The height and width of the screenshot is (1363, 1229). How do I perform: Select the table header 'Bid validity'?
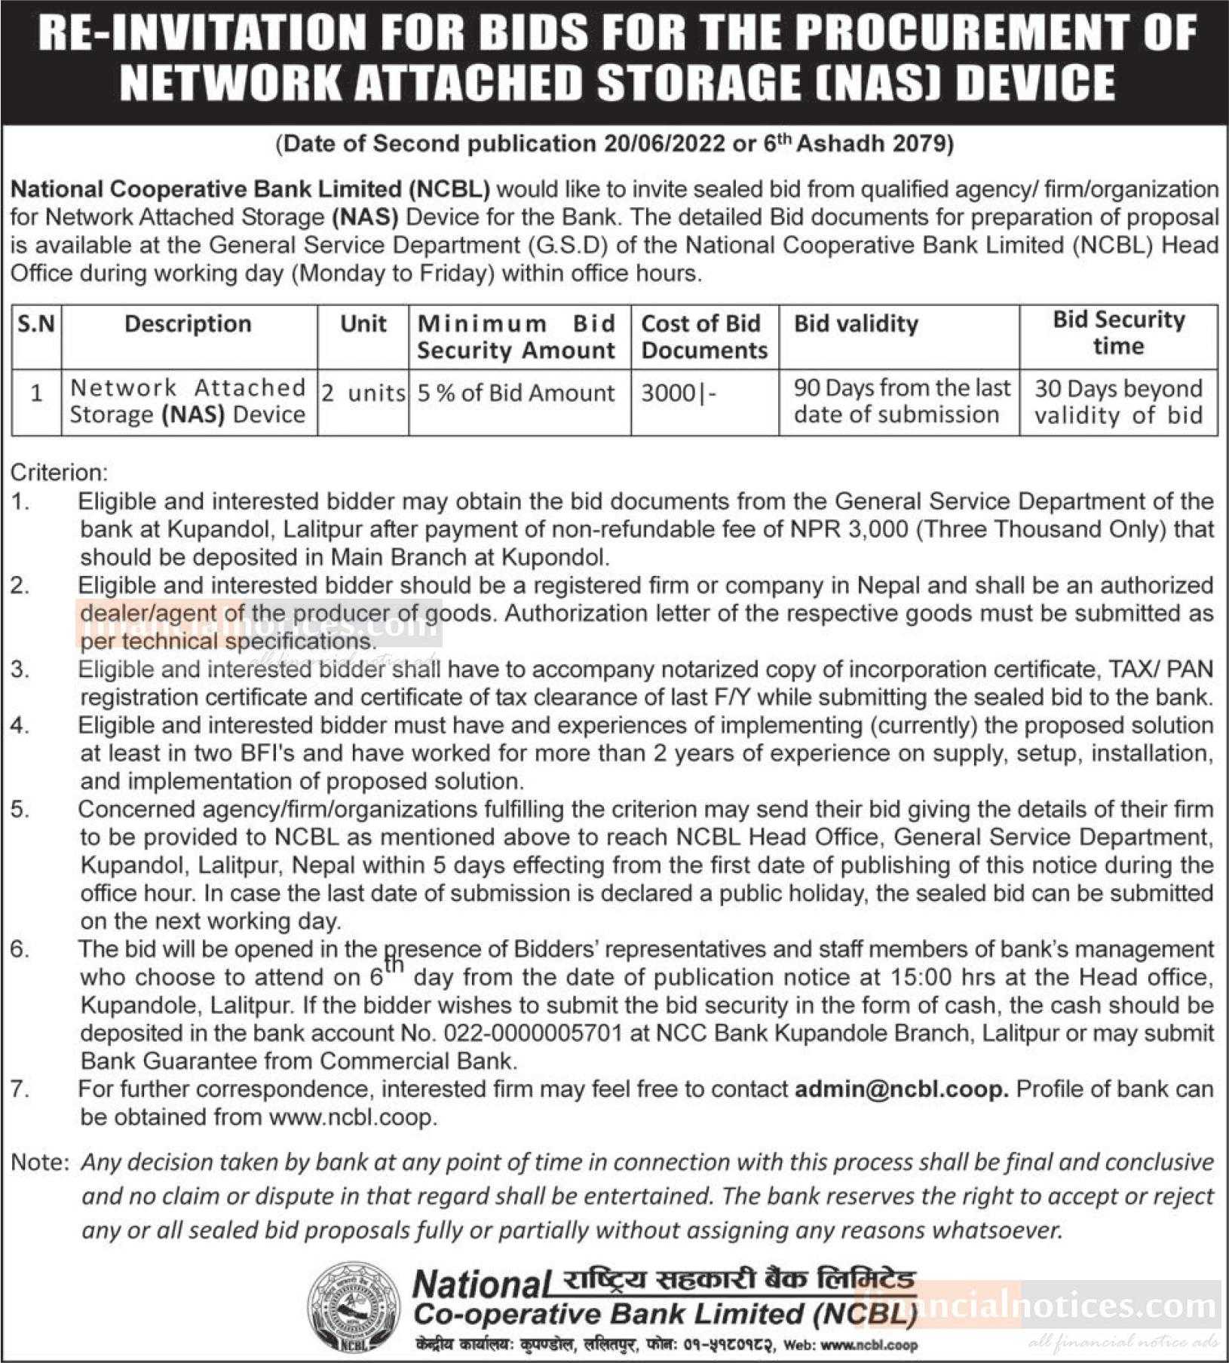pos(857,324)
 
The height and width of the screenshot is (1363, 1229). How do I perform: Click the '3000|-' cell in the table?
pos(678,393)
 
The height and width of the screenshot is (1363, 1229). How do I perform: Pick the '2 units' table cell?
pos(363,393)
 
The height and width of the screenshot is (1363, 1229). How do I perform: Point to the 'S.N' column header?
pos(36,324)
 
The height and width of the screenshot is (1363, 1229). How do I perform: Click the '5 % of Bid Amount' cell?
pos(516,393)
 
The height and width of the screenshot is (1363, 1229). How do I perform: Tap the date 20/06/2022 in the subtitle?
pos(664,143)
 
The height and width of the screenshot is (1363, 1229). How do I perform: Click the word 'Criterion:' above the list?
pos(59,473)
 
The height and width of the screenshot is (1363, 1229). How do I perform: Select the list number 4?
pos(20,726)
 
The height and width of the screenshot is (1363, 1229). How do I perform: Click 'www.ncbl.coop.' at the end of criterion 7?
pos(353,1117)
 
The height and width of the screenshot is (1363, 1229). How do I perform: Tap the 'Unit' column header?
pos(363,324)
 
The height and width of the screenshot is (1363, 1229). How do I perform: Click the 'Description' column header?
pos(188,324)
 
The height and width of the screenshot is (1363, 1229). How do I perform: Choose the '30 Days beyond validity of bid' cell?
pos(1118,402)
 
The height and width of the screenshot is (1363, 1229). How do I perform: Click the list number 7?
pos(20,1089)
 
